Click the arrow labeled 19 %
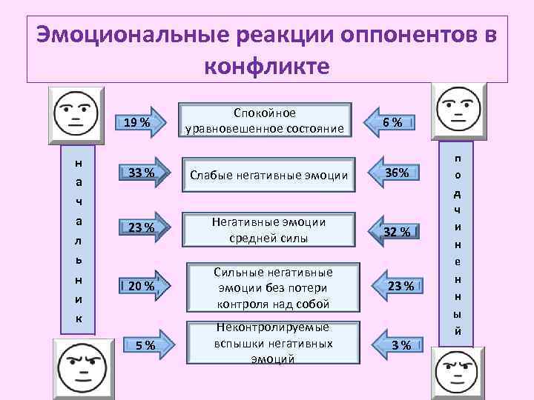point(143,121)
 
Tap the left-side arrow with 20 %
point(143,285)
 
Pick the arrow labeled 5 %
point(143,344)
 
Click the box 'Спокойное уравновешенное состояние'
point(265,121)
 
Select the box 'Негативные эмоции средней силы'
point(265,230)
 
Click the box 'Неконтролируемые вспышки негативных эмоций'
point(265,343)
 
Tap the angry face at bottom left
point(83,367)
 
